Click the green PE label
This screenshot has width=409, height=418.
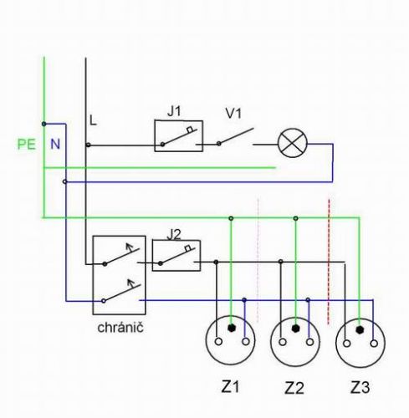[x=27, y=145]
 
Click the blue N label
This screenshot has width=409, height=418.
[x=55, y=144]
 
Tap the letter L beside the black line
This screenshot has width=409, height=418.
[x=93, y=120]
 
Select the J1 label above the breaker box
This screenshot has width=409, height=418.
[x=174, y=111]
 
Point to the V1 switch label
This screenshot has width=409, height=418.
[x=233, y=114]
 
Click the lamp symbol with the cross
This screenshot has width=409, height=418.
[x=293, y=143]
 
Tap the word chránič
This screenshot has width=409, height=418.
[x=120, y=328]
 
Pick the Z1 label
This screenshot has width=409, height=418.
[x=230, y=387]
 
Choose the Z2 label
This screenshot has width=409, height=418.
[x=294, y=388]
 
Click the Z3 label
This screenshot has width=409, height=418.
[x=360, y=387]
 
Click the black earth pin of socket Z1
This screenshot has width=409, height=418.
[x=231, y=328]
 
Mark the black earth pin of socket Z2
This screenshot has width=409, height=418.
[x=295, y=329]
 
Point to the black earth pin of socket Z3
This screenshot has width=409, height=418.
[x=360, y=329]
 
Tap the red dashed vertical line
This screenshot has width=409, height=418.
[x=329, y=262]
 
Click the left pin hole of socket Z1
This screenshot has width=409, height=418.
[x=218, y=341]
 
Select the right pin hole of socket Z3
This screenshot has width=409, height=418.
[x=374, y=344]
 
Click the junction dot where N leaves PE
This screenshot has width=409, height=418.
[x=43, y=124]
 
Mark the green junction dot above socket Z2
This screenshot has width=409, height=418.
[x=295, y=218]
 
